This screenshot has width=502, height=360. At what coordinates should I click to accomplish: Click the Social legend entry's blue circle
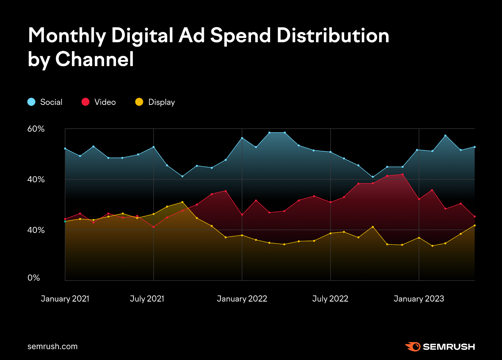click(31, 102)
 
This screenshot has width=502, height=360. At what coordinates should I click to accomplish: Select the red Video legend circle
click(85, 102)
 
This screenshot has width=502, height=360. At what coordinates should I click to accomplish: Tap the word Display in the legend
click(161, 102)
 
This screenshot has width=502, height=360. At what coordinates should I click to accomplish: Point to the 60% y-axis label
click(36, 129)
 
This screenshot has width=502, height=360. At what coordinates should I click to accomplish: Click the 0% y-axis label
click(34, 278)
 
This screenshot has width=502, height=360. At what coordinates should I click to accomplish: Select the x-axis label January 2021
click(65, 299)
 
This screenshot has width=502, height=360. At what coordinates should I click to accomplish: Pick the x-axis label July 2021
click(147, 299)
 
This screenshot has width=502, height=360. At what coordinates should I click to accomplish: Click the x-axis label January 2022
click(242, 299)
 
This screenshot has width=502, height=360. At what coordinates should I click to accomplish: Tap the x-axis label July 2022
click(330, 299)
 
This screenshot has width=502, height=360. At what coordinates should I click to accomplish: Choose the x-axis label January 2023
click(419, 299)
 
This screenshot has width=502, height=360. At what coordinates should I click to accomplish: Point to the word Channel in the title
click(94, 59)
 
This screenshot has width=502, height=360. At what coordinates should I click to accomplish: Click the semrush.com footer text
click(52, 347)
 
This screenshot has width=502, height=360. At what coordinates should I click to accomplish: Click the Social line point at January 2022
click(242, 138)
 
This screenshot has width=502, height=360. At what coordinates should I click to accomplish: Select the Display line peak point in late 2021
click(182, 202)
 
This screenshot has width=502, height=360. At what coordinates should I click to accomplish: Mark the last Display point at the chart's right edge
click(474, 225)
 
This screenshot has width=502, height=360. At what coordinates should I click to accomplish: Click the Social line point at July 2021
click(153, 147)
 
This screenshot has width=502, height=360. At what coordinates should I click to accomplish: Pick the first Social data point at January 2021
click(65, 149)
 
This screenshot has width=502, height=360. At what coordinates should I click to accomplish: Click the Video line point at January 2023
click(419, 199)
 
